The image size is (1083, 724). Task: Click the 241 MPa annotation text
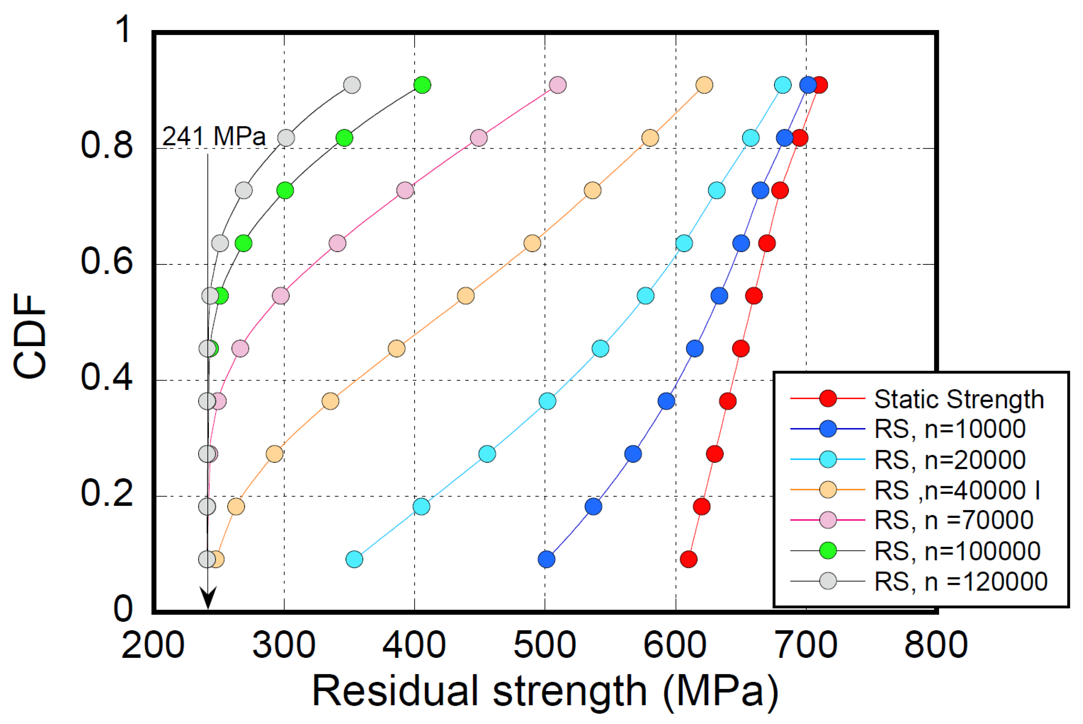(x=214, y=137)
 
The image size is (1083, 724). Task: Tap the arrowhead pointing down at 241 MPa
(x=208, y=598)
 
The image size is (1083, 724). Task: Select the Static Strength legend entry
(x=959, y=399)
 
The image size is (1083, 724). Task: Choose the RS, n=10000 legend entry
(x=950, y=429)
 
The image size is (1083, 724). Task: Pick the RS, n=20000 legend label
(x=950, y=460)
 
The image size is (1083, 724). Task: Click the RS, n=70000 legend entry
(x=954, y=520)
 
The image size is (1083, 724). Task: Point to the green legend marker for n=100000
(x=828, y=550)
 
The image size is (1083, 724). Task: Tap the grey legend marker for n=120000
(x=828, y=581)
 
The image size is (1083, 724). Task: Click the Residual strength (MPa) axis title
(x=545, y=691)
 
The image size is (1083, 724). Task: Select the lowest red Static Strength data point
(x=688, y=559)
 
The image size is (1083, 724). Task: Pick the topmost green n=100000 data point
(x=422, y=85)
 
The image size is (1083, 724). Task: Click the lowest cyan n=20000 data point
(x=354, y=559)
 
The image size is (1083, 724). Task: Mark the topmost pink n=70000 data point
(x=558, y=85)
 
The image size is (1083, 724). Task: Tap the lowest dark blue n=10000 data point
(x=546, y=559)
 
